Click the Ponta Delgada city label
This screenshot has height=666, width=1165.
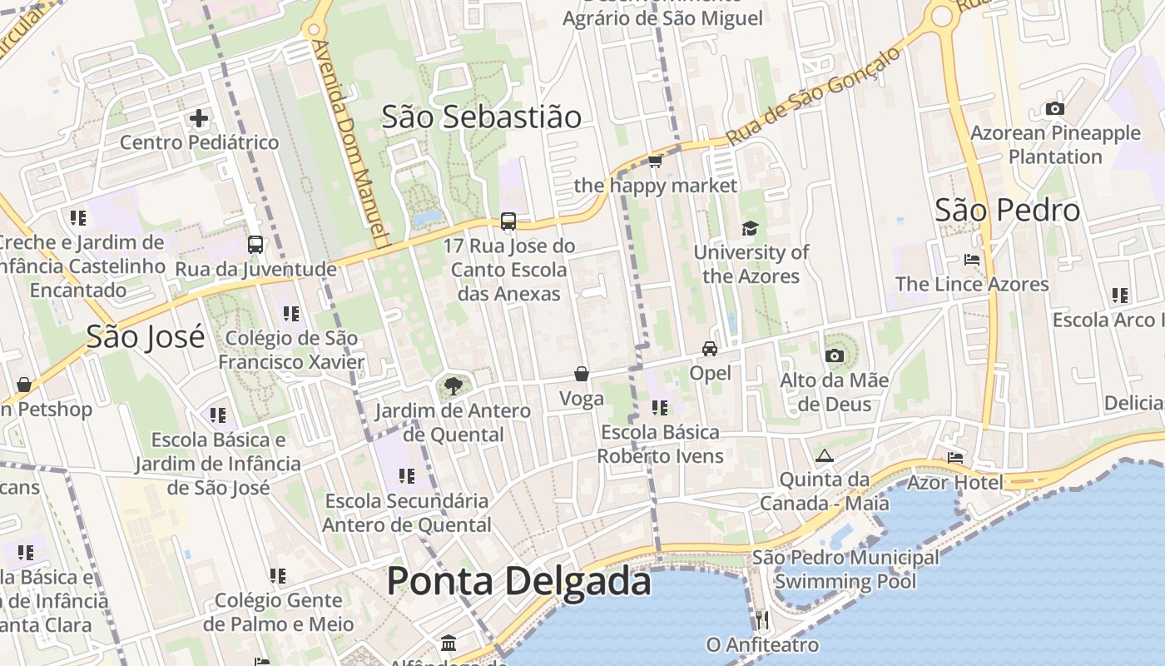tap(518, 580)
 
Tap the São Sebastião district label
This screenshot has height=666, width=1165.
tap(481, 117)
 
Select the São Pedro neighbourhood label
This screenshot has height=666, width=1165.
tap(1007, 210)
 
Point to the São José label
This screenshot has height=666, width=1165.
tap(146, 336)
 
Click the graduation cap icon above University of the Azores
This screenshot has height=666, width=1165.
tap(751, 228)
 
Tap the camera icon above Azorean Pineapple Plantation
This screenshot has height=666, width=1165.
tap(1054, 108)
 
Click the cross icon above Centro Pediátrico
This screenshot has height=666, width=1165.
tap(199, 118)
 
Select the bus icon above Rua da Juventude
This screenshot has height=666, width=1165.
tap(255, 245)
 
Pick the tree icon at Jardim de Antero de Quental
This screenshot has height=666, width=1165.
tap(454, 385)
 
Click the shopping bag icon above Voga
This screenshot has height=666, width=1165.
tap(582, 374)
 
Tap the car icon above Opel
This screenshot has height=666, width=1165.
tap(710, 348)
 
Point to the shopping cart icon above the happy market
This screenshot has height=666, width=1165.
tap(655, 160)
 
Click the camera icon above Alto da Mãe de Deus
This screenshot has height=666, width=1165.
tap(835, 355)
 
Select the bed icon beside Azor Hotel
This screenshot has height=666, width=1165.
tap(954, 457)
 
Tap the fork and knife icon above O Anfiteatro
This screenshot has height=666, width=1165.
tap(761, 619)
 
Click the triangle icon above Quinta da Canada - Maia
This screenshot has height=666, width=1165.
tap(825, 455)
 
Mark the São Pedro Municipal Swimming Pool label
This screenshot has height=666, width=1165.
tap(845, 569)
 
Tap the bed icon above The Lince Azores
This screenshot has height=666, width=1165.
tap(971, 259)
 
